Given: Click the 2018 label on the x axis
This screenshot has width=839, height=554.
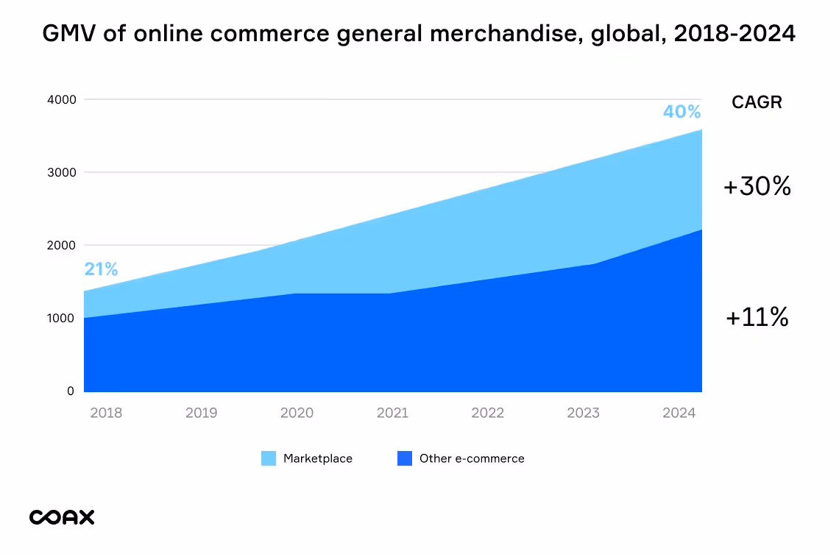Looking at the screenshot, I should (106, 413).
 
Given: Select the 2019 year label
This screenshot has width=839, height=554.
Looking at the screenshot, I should (201, 413).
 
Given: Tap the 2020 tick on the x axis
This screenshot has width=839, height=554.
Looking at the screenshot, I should (297, 413).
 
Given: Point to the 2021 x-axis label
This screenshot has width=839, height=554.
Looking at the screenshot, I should (392, 413).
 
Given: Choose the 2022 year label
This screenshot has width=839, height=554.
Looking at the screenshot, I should (487, 413).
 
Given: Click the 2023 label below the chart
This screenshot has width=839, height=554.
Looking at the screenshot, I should (583, 413).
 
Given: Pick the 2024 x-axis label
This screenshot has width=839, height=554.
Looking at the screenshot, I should (679, 413).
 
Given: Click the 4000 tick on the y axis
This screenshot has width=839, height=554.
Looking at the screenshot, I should (61, 99).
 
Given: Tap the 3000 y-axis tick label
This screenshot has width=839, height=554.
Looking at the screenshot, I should (61, 172).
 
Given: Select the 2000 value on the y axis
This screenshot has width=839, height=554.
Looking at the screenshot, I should (61, 245).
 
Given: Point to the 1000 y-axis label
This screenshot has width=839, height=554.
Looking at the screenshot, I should (61, 318).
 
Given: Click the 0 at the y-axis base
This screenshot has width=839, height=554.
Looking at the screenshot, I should (71, 391).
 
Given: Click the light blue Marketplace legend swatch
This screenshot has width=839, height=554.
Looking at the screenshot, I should (269, 458).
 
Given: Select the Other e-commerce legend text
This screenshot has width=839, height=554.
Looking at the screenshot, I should (472, 458).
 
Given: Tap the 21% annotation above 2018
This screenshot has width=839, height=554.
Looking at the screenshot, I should (101, 269).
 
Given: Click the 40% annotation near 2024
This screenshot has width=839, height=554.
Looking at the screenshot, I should (682, 112).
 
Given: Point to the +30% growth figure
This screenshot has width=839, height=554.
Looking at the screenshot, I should (757, 187).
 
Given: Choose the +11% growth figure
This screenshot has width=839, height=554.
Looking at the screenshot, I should (757, 318).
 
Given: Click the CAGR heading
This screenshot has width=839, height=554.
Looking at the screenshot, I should (757, 103).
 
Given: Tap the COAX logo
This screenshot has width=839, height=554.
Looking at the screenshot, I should (62, 517).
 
